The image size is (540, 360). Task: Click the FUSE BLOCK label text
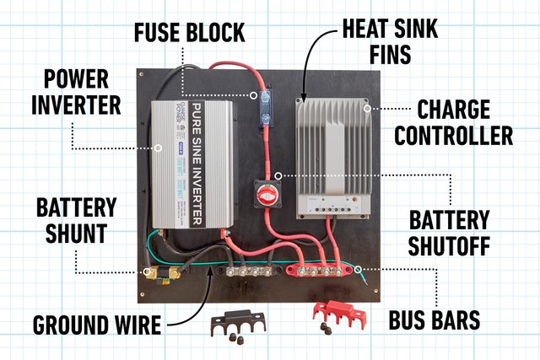[189, 34]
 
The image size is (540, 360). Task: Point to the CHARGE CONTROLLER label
[465, 121]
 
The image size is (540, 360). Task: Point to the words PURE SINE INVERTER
[195, 164]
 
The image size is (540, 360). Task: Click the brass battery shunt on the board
[165, 272]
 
